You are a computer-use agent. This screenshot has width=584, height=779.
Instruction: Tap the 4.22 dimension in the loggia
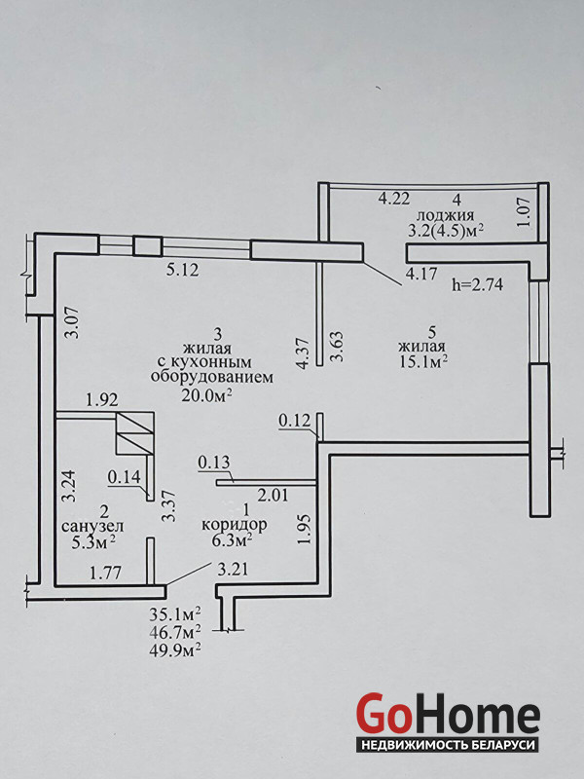(x=393, y=199)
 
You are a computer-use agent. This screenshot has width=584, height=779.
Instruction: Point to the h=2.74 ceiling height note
(x=479, y=285)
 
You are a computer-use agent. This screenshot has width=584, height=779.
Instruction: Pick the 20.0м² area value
(x=207, y=394)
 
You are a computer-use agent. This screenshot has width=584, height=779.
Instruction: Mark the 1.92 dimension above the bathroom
(x=101, y=399)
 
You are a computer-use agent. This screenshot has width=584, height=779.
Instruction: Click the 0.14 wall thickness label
(x=124, y=477)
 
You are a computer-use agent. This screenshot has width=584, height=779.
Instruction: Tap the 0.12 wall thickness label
(x=294, y=420)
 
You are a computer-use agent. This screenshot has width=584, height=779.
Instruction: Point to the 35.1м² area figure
(x=176, y=614)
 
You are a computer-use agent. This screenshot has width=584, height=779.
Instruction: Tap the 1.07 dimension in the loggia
(x=523, y=211)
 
